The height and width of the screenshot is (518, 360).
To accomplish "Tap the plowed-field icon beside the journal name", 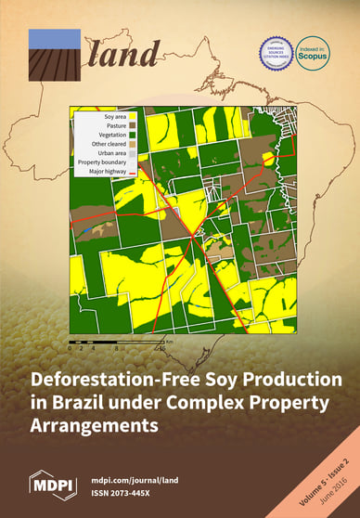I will coord(55,55).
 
